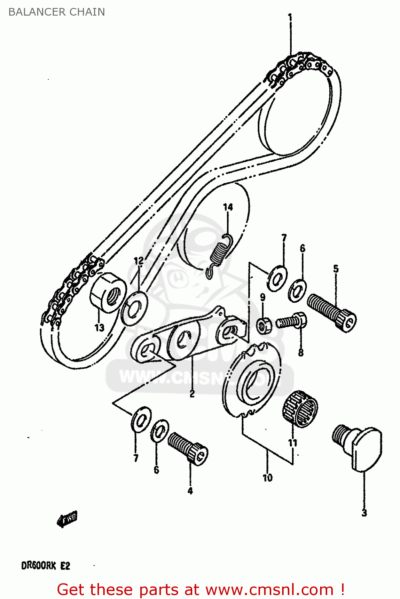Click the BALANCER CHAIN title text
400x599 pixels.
(56, 12)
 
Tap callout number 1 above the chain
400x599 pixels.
(290, 18)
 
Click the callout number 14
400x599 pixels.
(228, 207)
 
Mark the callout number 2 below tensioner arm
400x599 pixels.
(192, 394)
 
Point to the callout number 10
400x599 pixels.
(267, 478)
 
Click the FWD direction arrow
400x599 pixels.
(67, 519)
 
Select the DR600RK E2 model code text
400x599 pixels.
(46, 565)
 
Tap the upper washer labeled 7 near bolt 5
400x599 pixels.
(277, 278)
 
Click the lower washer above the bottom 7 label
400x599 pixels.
(141, 419)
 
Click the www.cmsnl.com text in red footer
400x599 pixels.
(270, 589)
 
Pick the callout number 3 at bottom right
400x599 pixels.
(364, 513)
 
